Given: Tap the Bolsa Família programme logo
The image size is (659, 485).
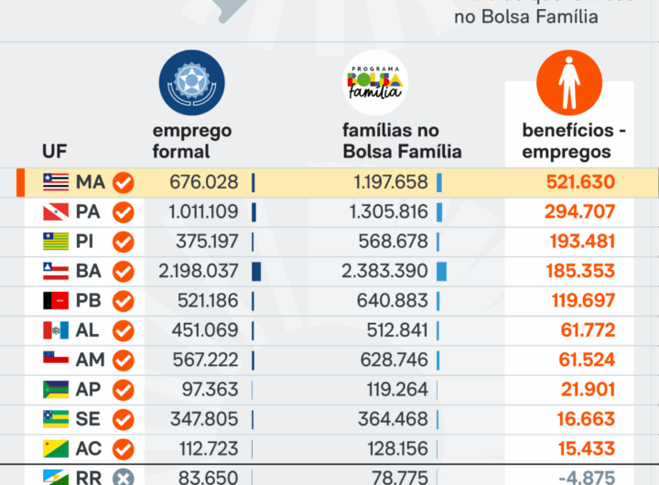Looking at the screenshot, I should tap(375, 82).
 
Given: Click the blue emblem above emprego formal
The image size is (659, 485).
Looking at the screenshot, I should tap(191, 82).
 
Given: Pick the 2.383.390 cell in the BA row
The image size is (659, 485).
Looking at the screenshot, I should tap(388, 272).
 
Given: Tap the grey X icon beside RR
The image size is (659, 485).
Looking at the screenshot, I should tap(123, 477).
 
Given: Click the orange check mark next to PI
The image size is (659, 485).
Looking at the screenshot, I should tap(123, 242).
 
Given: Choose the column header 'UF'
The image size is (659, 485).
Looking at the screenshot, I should tap(55, 151).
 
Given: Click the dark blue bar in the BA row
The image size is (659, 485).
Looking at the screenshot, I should tap(256, 272).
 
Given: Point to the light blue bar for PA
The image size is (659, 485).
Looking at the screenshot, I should tap(439, 212).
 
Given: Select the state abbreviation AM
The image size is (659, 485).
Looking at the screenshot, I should tap(89, 360).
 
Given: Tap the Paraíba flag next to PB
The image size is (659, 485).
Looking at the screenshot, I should tap(56, 301).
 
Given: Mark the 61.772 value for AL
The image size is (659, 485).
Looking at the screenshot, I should tap(588, 330).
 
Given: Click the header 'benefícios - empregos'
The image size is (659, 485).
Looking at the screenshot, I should tap(574, 141).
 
